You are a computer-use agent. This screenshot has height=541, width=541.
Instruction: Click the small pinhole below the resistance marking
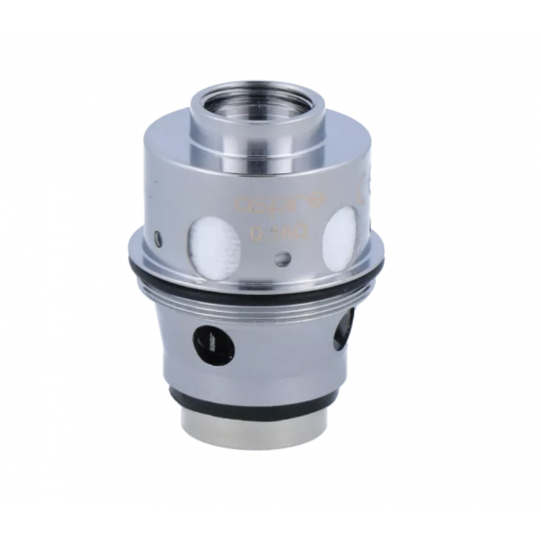(x=282, y=260)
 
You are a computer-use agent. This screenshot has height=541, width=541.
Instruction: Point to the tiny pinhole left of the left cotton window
(x=159, y=240)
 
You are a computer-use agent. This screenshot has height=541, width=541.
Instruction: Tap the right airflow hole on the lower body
(x=344, y=328)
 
